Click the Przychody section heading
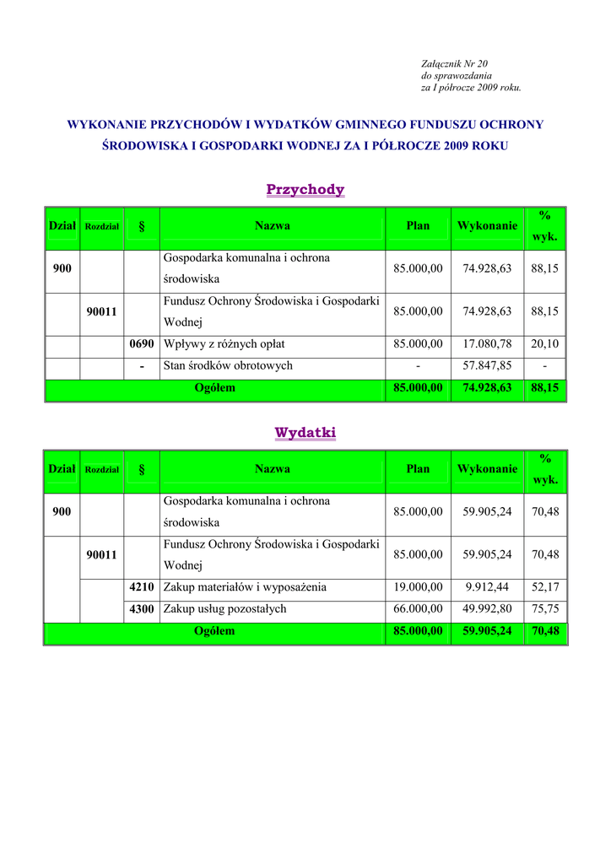[x=305, y=190]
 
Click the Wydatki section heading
[x=305, y=433]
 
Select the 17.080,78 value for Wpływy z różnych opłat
[x=487, y=344]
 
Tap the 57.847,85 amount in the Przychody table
[x=487, y=366]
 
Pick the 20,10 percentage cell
[x=545, y=344]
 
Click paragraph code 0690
[x=142, y=344]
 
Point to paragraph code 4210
[x=142, y=587]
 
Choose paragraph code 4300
[x=142, y=609]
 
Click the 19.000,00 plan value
[x=418, y=587]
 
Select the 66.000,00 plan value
[x=418, y=609]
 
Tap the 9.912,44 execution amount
[x=487, y=587]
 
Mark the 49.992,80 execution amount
[x=487, y=609]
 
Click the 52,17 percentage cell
[x=545, y=587]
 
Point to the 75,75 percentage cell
[x=545, y=609]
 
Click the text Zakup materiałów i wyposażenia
[x=245, y=587]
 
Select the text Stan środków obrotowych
[x=228, y=366]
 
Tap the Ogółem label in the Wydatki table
[x=214, y=631]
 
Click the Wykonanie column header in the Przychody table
[x=487, y=226]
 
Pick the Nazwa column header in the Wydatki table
[x=272, y=469]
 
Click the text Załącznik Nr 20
[x=454, y=64]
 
